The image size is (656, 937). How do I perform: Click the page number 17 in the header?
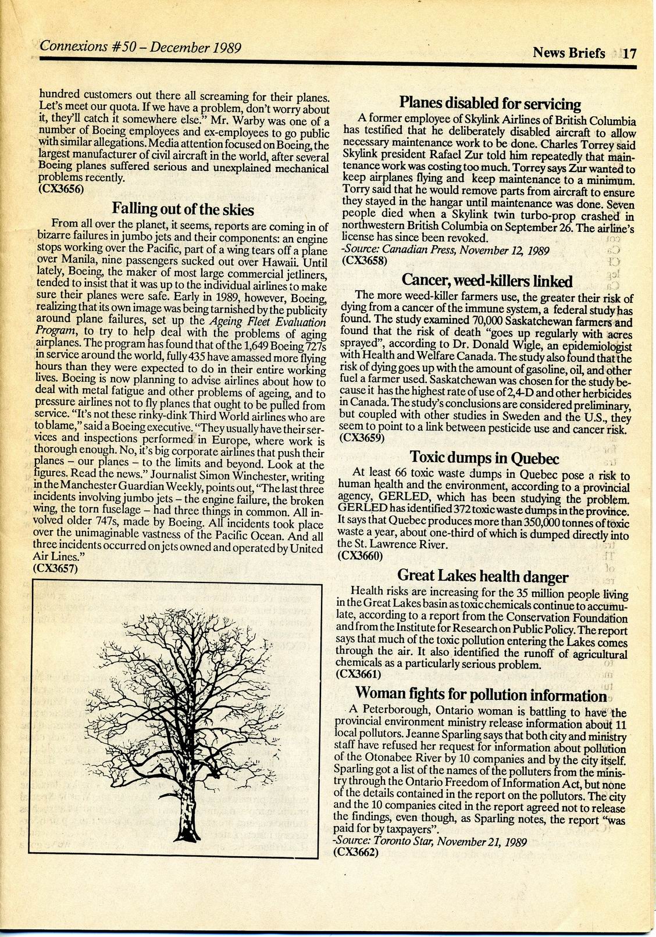[630, 54]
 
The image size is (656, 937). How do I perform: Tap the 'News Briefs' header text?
[569, 53]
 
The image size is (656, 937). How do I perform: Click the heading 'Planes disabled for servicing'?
[490, 103]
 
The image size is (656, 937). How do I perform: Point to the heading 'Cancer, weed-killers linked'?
[487, 281]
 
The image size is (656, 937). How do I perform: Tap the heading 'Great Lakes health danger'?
[483, 577]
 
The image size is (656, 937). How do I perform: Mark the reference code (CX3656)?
[62, 188]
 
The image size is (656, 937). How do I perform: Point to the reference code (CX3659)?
[361, 438]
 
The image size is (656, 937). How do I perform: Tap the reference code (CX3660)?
[360, 555]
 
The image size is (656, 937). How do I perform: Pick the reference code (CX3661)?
[359, 674]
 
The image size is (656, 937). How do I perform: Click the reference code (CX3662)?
[356, 853]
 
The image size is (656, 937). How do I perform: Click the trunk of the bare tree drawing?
[188, 808]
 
